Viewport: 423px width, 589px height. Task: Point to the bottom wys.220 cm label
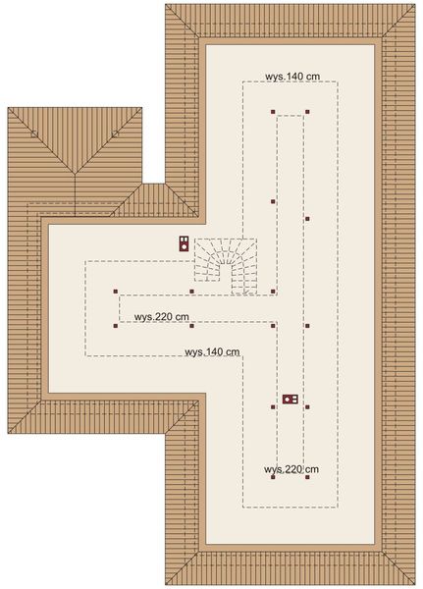click(x=291, y=469)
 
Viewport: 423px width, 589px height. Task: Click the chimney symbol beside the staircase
click(x=184, y=243)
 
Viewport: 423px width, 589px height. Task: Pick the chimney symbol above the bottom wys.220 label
click(x=290, y=400)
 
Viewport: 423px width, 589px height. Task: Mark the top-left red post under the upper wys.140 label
click(x=274, y=112)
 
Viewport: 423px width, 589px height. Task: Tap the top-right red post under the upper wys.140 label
click(x=307, y=112)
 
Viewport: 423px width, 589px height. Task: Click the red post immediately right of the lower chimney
click(x=307, y=404)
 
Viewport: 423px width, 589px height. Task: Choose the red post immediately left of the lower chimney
click(x=274, y=404)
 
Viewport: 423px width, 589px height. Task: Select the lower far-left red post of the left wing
click(x=116, y=325)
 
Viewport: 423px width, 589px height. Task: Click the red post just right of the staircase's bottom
click(x=274, y=291)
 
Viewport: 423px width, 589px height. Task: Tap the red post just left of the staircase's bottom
click(x=192, y=291)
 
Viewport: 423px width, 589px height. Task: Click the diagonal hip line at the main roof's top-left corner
click(x=184, y=23)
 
